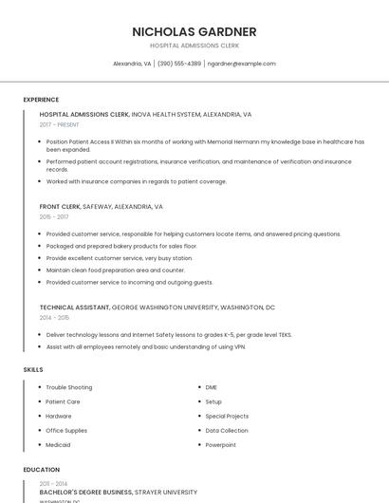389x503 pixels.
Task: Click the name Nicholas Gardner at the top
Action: point(194,31)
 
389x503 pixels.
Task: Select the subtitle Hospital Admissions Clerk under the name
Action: point(194,46)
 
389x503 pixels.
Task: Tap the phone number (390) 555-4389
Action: point(179,64)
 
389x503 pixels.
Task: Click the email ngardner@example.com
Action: point(241,64)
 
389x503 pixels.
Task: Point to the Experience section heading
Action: point(41,100)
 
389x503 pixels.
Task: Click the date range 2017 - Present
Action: point(60,124)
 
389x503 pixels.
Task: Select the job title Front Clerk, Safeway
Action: point(102,206)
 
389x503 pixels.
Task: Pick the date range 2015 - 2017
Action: point(54,216)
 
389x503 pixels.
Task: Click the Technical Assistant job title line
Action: point(157,307)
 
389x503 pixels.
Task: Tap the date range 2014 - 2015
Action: point(54,318)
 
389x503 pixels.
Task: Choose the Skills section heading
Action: point(33,368)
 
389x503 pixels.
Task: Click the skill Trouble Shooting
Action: point(69,387)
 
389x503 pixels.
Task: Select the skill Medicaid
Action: point(58,444)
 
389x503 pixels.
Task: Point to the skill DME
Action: point(211,387)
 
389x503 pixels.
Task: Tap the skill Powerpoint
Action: point(220,444)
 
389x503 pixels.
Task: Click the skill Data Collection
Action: point(227,430)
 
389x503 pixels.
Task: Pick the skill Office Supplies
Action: point(66,430)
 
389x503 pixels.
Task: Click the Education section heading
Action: point(42,470)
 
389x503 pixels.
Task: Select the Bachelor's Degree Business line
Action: point(118,493)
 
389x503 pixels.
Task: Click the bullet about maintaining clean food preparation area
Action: point(116,270)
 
